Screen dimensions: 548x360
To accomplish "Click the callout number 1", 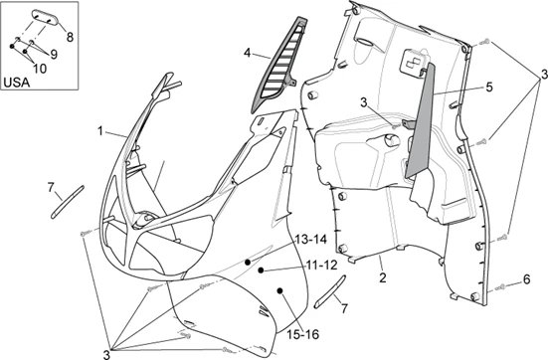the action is click(100, 131).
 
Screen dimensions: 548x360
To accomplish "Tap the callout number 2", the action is click(383, 277).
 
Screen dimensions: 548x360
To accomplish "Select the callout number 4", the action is click(248, 53).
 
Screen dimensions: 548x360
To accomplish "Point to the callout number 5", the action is click(489, 88).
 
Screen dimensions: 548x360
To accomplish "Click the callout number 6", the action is click(526, 279).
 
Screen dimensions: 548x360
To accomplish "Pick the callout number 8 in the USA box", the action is click(70, 37).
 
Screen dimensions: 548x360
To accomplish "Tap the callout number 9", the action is click(54, 54).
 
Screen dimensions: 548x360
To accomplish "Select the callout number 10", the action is click(40, 69).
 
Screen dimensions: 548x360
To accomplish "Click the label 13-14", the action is click(311, 240).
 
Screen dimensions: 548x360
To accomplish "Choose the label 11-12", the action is click(322, 266).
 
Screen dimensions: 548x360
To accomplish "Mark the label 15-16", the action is click(303, 334).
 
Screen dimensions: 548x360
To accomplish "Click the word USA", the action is click(17, 83).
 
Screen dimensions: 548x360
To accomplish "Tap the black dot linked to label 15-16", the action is click(279, 290).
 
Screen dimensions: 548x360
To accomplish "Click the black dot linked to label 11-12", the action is click(261, 270).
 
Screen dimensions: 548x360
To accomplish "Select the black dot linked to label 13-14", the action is click(248, 262).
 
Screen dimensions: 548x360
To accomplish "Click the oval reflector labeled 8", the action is click(46, 17).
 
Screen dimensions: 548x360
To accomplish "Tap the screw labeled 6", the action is click(500, 287).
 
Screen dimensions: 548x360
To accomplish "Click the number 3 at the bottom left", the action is click(106, 354).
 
